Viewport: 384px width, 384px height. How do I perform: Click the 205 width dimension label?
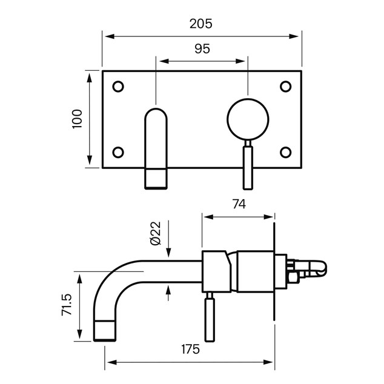click(x=201, y=24)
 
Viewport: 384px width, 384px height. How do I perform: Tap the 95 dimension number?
click(x=202, y=48)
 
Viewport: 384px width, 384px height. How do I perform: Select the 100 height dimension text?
click(x=77, y=119)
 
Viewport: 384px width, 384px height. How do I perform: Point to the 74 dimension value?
click(x=239, y=204)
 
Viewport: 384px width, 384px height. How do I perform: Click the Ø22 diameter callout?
click(x=156, y=233)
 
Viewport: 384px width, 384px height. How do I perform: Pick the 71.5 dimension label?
click(x=67, y=305)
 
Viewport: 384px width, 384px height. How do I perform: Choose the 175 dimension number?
click(x=191, y=349)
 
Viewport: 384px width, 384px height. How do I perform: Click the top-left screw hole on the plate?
click(x=118, y=87)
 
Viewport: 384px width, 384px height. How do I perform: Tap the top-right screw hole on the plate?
click(x=285, y=87)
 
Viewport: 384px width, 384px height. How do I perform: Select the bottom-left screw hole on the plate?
click(x=118, y=152)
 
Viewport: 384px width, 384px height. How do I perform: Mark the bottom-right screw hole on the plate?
click(x=285, y=152)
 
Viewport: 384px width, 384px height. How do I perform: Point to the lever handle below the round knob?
click(x=248, y=168)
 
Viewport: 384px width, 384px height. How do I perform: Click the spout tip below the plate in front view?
click(x=156, y=179)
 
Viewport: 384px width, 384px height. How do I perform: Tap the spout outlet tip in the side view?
click(x=105, y=330)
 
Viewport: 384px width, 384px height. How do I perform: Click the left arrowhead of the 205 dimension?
click(x=110, y=36)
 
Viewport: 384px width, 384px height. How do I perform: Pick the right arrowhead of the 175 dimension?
click(x=268, y=362)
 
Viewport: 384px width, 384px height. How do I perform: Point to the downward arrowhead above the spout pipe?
click(x=168, y=252)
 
